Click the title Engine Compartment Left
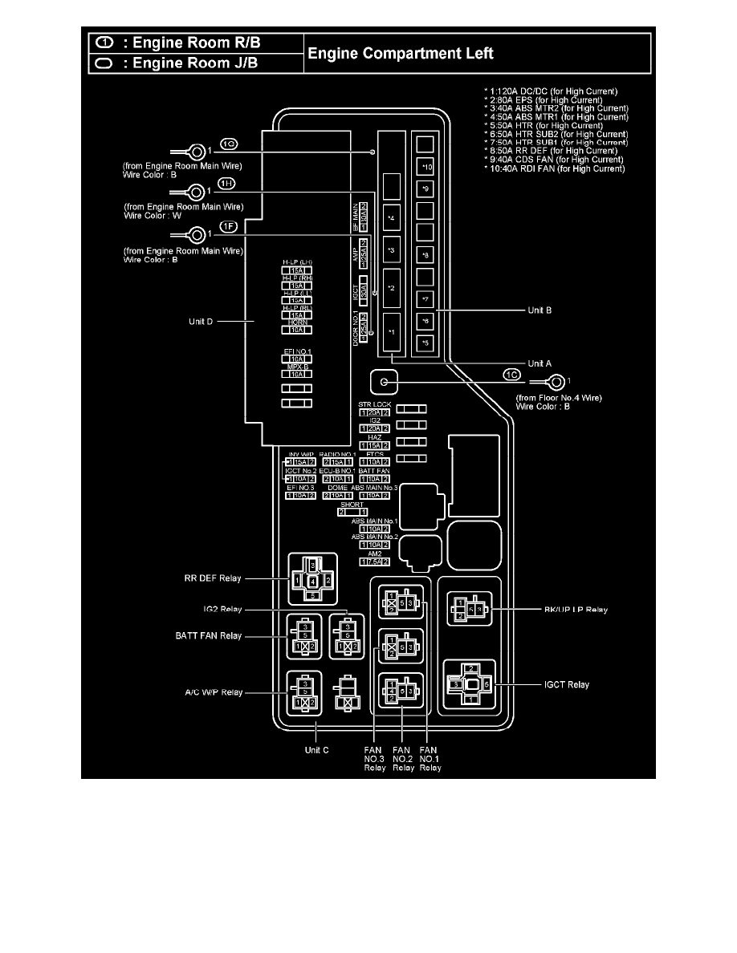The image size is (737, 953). (402, 54)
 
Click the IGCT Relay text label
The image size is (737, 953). (566, 684)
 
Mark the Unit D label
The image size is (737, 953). (199, 322)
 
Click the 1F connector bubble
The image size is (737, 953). (230, 226)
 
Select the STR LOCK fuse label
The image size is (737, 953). (375, 404)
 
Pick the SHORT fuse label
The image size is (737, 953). (352, 505)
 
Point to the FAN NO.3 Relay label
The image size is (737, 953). (374, 757)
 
